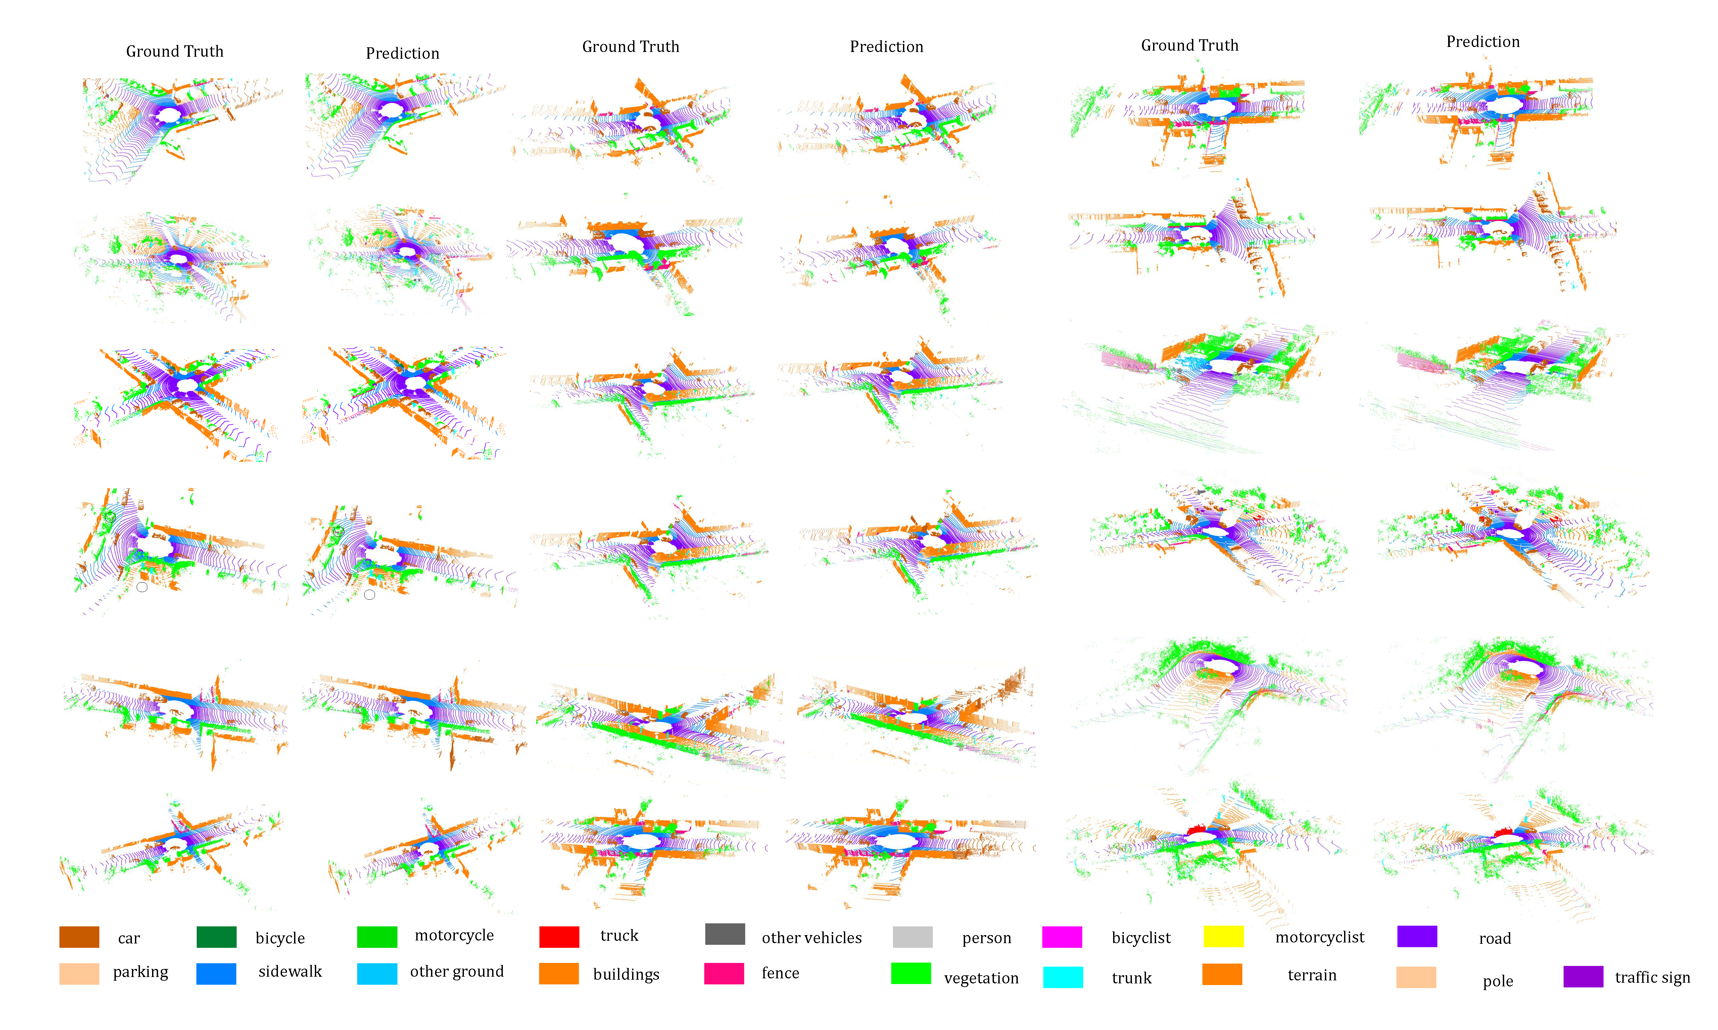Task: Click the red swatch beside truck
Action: [x=559, y=936]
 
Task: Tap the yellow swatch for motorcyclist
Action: [x=1223, y=936]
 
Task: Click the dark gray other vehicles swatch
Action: [x=725, y=934]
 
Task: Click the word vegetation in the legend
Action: [x=981, y=978]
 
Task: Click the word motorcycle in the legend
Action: [x=454, y=935]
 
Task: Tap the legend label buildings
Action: [x=626, y=974]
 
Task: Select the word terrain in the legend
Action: [x=1312, y=975]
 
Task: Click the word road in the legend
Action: [x=1494, y=938]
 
